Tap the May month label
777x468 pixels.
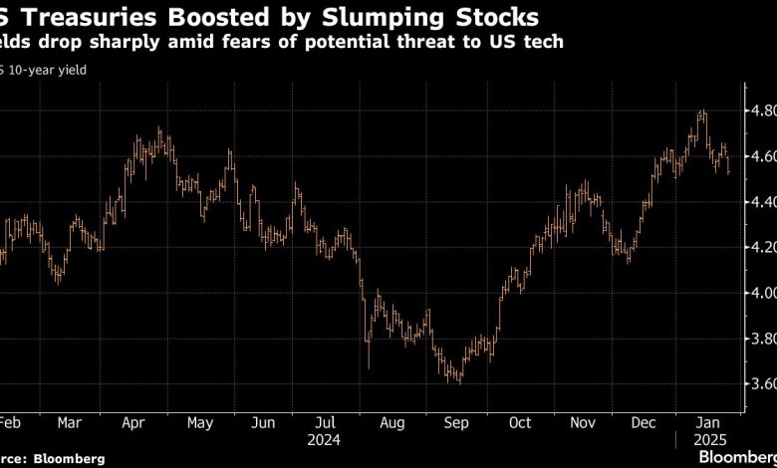200,422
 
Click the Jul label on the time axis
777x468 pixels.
324,422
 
